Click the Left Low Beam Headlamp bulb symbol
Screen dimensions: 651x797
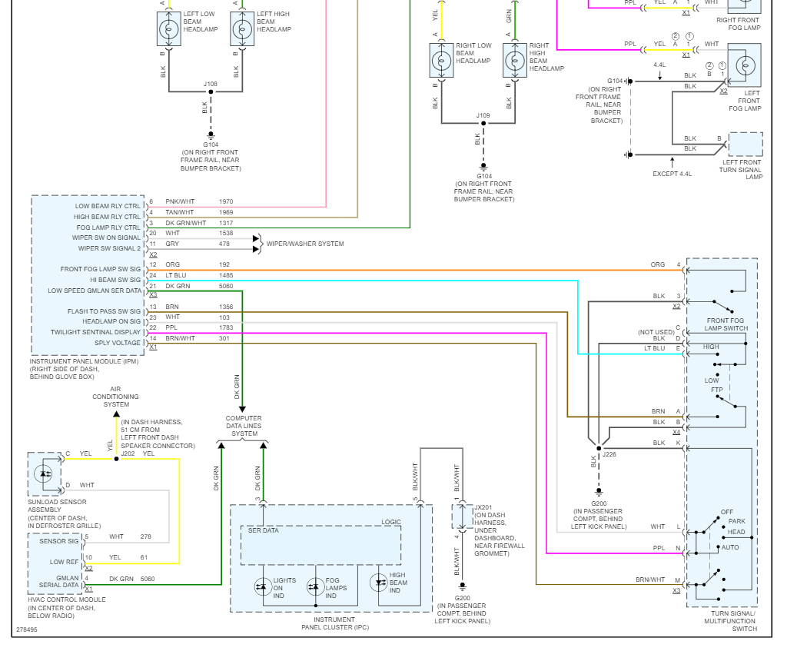tap(168, 30)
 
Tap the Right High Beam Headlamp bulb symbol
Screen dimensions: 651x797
tap(515, 61)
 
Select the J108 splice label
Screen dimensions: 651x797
tap(210, 84)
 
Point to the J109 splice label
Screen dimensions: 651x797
tap(483, 115)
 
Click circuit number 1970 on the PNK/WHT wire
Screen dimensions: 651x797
tap(225, 201)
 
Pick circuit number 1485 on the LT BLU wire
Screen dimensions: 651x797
tap(225, 275)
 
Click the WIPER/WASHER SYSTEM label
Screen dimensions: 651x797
tap(305, 244)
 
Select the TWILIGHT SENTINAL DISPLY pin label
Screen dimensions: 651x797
tap(96, 333)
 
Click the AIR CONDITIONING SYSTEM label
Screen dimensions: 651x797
tap(116, 397)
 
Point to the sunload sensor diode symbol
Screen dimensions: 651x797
tap(45, 473)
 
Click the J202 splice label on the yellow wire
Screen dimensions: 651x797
tap(128, 453)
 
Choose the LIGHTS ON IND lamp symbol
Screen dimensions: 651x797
tap(261, 586)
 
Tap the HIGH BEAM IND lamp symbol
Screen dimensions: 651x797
tap(379, 583)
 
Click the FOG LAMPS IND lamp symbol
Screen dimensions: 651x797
tap(315, 586)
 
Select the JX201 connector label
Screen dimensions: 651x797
tap(483, 507)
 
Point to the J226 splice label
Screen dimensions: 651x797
tap(609, 454)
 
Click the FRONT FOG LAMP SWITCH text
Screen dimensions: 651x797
tap(726, 324)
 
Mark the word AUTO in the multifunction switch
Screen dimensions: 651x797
tap(730, 547)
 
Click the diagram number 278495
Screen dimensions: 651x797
tap(26, 630)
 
